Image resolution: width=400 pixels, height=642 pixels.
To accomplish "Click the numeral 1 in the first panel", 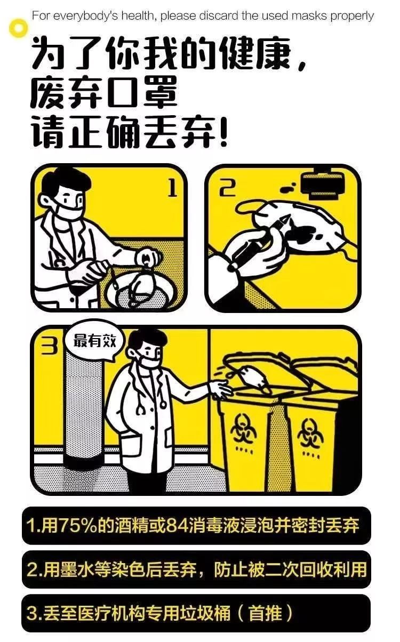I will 172,188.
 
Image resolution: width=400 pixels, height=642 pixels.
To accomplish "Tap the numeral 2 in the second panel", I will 228,187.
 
